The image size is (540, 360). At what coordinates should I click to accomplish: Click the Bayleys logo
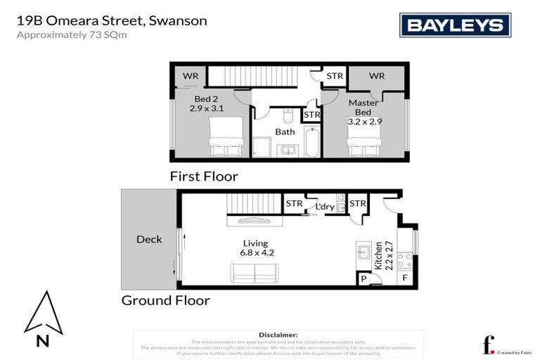coord(455,25)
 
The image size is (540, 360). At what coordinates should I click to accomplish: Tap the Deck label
coord(149,239)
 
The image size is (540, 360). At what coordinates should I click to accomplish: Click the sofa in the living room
coord(255,272)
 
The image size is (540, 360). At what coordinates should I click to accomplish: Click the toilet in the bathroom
coord(285,116)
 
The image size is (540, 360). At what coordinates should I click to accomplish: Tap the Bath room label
coord(285,131)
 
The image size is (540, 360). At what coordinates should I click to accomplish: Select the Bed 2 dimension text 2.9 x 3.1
coord(206,108)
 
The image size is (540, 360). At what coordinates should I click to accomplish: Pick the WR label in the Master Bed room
coord(377,75)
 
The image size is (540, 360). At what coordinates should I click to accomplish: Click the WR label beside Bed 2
coord(190,75)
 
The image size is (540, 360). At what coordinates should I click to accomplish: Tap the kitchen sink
coord(364,252)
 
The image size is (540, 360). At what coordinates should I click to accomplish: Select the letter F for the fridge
coord(404,278)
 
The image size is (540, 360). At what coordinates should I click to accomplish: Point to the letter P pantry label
coord(364,278)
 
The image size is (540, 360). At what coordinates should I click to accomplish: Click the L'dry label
coord(324,207)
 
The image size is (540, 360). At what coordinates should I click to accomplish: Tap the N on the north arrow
coord(43,342)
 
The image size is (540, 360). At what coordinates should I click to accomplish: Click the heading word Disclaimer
coord(278,335)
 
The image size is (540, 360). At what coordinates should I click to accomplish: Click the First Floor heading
coord(204,176)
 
